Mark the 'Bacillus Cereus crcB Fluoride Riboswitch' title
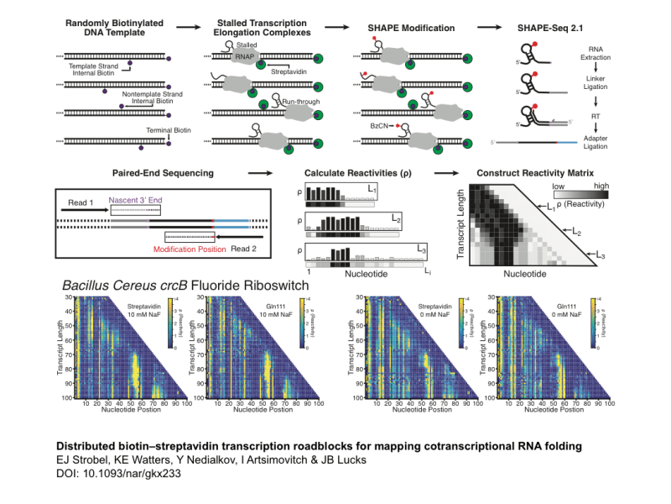pyautogui.click(x=193, y=286)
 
